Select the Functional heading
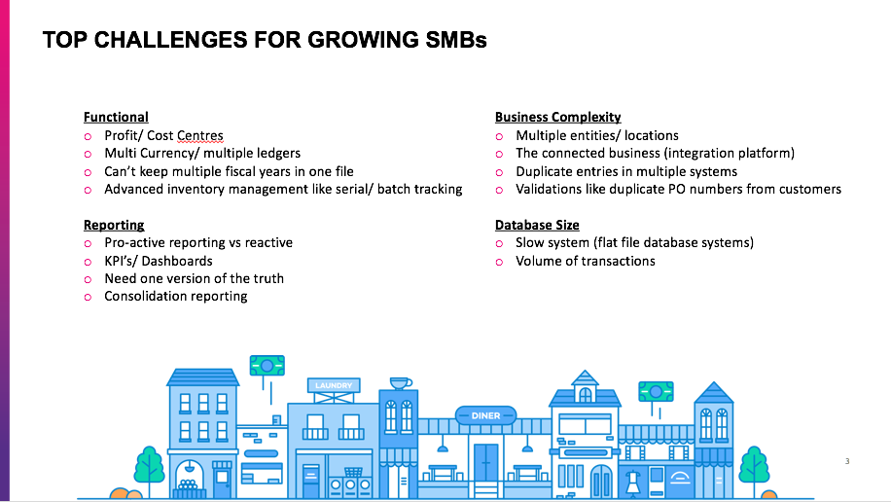pos(116,117)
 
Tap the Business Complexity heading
pos(558,117)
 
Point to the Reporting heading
pos(114,225)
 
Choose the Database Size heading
pos(537,225)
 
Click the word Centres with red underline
pos(200,136)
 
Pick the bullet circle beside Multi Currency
pos(88,154)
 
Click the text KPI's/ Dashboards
pos(159,261)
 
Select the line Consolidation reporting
pos(176,296)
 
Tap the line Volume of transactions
pos(586,261)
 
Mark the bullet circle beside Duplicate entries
pos(499,172)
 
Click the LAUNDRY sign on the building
pos(334,385)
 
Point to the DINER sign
pos(485,415)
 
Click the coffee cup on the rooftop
pos(401,383)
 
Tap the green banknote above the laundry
pos(267,366)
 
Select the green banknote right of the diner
pos(656,392)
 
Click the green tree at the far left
pos(149,466)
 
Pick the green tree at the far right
pos(754,466)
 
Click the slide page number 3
pos(847,461)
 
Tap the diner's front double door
pos(485,463)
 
